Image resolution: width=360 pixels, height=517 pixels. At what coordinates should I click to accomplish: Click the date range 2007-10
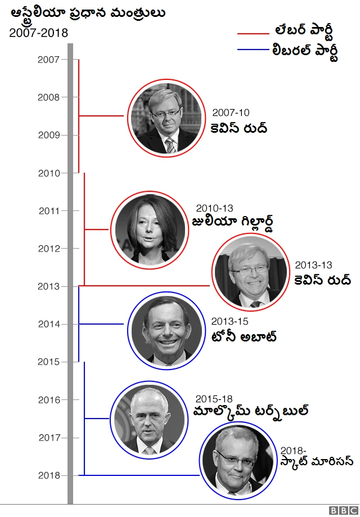tap(231, 113)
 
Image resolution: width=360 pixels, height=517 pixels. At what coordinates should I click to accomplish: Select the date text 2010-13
tap(214, 208)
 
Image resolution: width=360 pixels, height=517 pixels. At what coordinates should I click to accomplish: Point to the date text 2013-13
tap(313, 265)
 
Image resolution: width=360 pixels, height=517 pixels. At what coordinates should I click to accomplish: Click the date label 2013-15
tap(229, 321)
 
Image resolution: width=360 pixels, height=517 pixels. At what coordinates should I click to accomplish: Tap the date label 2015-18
tap(214, 399)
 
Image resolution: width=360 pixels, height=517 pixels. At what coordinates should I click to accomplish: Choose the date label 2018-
tap(293, 450)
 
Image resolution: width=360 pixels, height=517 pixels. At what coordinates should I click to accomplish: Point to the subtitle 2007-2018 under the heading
tap(38, 33)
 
